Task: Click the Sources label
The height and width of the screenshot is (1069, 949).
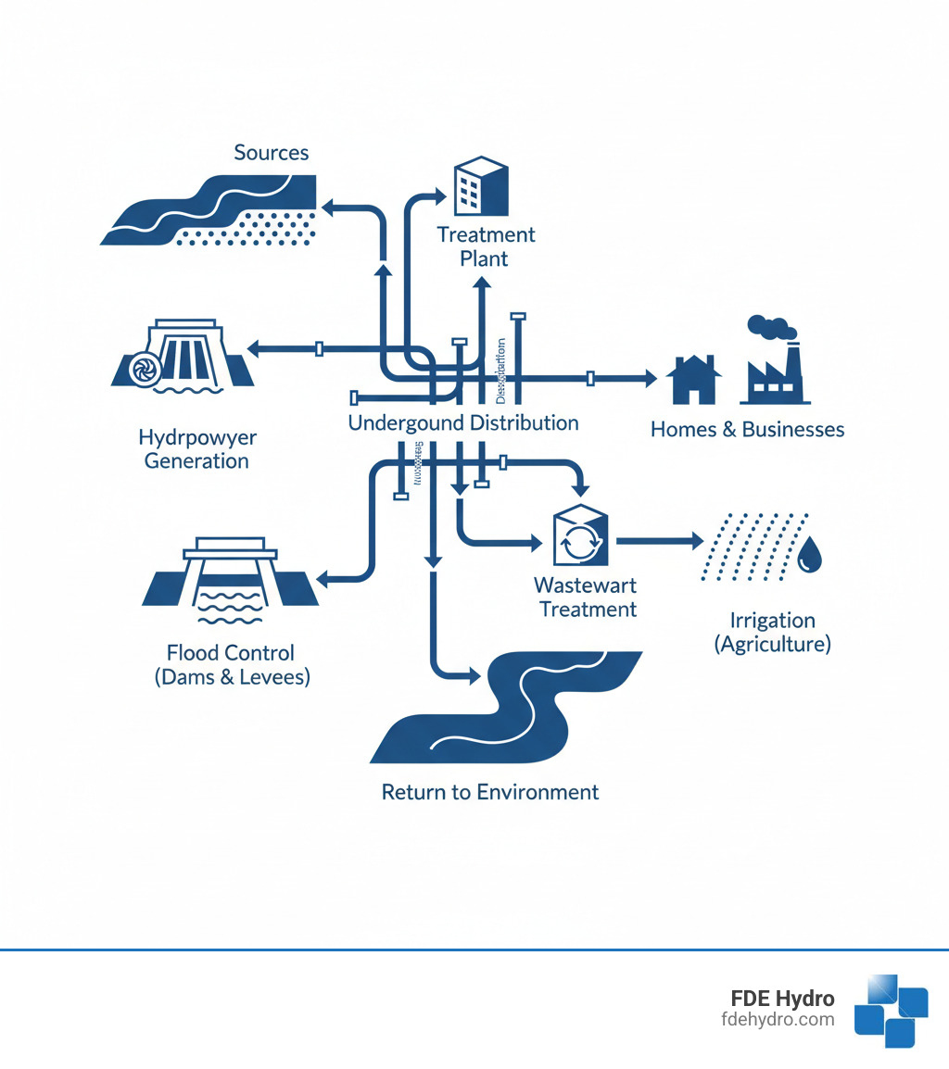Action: click(x=271, y=153)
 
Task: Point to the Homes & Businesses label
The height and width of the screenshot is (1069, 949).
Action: click(x=747, y=430)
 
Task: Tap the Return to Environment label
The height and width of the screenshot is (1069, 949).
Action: click(x=490, y=793)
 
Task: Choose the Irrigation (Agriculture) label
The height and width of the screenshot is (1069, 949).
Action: click(x=772, y=632)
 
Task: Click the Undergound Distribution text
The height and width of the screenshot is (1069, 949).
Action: click(x=462, y=423)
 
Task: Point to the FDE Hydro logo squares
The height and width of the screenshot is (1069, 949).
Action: click(x=890, y=1010)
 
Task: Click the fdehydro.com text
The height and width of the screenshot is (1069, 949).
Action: click(x=777, y=1020)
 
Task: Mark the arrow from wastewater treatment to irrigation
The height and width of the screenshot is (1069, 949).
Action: click(x=659, y=539)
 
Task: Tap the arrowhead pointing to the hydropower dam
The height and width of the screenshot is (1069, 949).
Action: click(x=253, y=348)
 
